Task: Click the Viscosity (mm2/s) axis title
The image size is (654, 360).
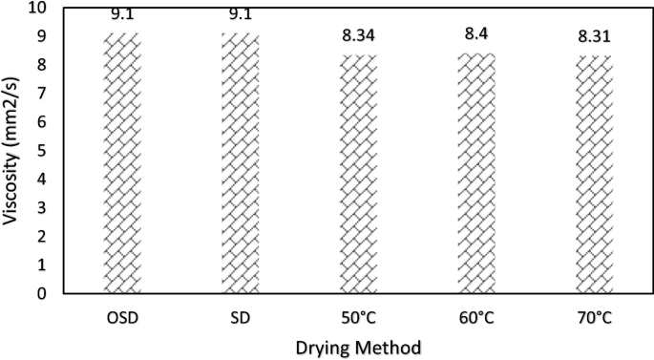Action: point(13,151)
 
